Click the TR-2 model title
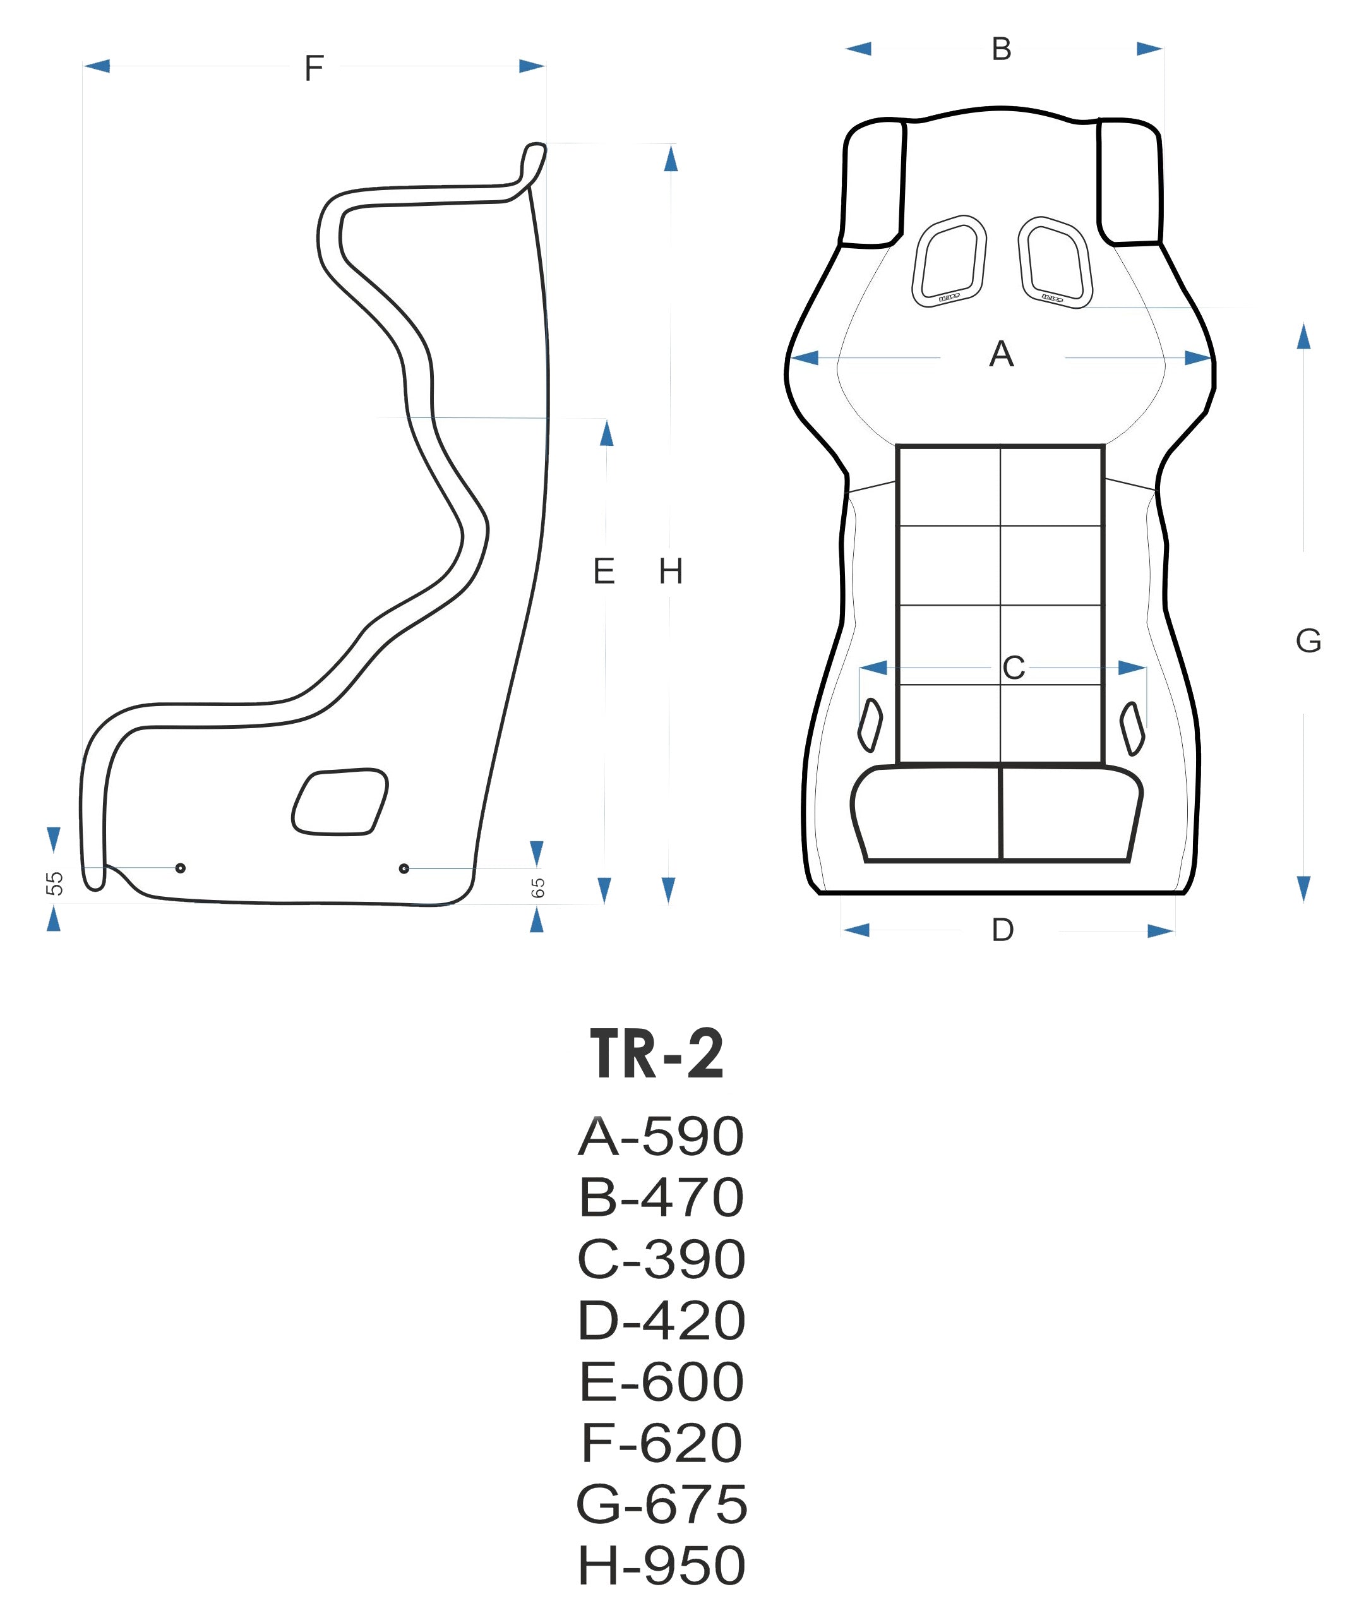click(657, 1055)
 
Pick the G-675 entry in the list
click(661, 1504)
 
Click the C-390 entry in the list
click(661, 1259)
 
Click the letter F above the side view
click(314, 68)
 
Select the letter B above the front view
click(1001, 49)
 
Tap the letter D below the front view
click(1002, 930)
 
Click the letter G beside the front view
click(1308, 641)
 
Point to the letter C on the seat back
click(1014, 668)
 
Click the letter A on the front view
click(1001, 354)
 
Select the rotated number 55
click(54, 884)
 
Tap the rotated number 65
click(538, 888)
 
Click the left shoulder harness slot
click(949, 261)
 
